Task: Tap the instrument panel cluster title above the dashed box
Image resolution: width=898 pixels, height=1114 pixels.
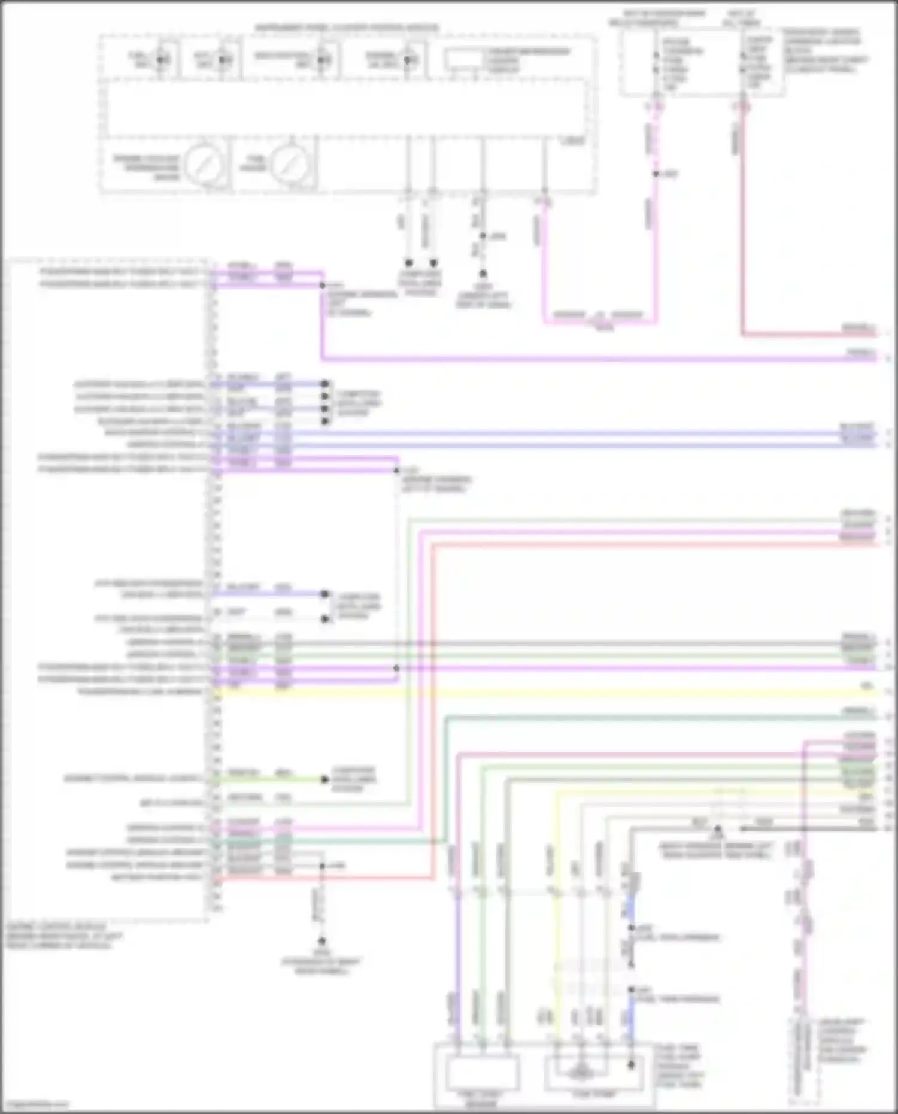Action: pos(347,28)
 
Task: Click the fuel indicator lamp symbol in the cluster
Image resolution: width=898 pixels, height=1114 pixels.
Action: pos(160,59)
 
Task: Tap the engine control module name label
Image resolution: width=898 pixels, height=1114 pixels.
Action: pos(57,936)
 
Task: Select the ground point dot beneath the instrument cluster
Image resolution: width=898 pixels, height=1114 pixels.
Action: pos(482,275)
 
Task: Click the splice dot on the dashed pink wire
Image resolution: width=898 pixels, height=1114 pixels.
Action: pos(656,174)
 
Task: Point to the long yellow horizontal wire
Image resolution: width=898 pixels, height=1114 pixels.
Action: pos(539,693)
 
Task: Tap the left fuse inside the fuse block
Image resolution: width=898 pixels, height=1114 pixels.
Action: pos(657,63)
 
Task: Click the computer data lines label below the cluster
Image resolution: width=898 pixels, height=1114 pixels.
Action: pos(421,283)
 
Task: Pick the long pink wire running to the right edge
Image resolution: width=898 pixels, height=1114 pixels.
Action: pos(599,359)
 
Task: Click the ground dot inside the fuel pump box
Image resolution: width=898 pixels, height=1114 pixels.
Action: pos(630,1065)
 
